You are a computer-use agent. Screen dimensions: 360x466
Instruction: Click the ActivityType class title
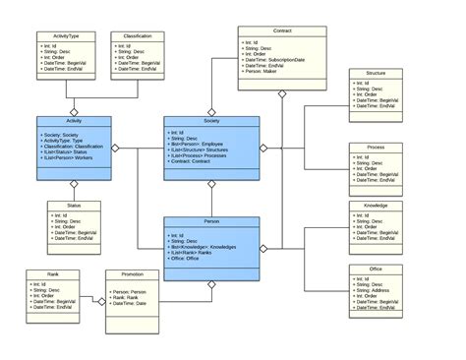pos(68,35)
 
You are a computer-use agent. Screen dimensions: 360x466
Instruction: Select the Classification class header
pos(139,35)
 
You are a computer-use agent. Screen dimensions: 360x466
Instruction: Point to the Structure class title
pos(375,72)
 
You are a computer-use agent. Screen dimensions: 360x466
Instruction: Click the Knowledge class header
pos(375,207)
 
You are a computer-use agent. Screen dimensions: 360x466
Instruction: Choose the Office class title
pos(375,268)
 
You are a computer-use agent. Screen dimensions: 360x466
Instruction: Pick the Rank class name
pos(53,274)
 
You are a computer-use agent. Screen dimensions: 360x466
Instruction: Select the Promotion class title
pos(134,274)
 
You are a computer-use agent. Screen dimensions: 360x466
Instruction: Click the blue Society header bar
pos(211,120)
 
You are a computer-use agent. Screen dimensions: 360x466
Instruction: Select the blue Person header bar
pos(211,223)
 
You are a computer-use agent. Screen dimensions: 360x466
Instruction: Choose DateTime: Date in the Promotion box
pos(129,304)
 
